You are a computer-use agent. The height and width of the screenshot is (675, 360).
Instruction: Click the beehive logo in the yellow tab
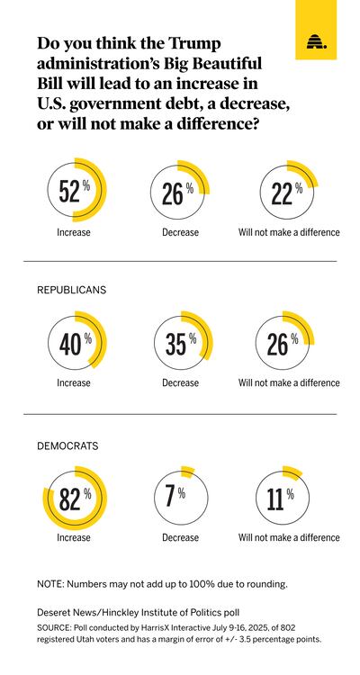316,42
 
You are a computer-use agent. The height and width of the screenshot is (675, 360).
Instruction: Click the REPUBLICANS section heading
71,290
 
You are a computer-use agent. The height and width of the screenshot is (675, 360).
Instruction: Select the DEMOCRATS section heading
67,446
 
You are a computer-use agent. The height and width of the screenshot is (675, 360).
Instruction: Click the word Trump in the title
195,43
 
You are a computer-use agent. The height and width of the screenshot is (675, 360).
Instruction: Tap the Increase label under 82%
74,537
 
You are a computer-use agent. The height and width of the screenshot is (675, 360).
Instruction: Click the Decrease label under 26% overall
180,232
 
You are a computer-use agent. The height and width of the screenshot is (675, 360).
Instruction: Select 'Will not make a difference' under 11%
289,537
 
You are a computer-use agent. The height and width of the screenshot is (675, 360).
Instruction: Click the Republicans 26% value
278,345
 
